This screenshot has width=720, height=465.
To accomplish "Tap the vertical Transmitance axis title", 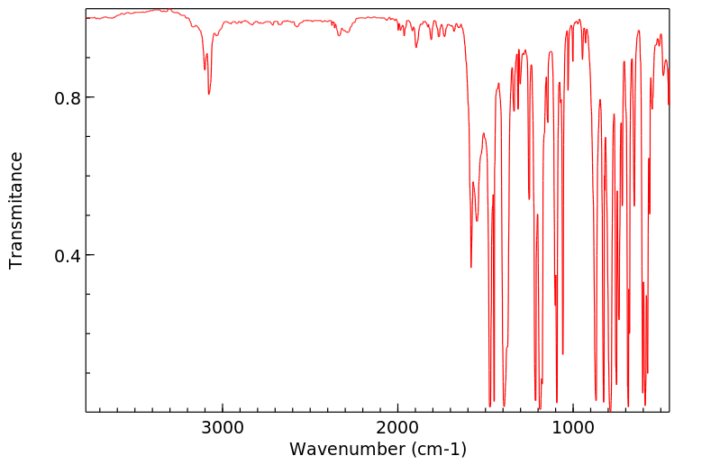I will (x=16, y=210).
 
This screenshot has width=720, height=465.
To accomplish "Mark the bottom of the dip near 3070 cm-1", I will (x=209, y=94).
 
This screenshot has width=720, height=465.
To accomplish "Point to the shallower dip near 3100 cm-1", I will (x=205, y=69).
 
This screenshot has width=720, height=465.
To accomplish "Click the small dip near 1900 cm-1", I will (x=416, y=47).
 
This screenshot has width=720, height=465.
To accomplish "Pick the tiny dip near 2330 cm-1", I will (x=339, y=35).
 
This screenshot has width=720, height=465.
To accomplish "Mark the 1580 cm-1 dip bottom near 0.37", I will (x=470, y=267).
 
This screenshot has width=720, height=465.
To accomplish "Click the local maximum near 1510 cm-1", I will (x=484, y=133).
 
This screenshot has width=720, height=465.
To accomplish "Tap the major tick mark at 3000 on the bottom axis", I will (x=222, y=409).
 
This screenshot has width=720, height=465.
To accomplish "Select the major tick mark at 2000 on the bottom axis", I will (x=397, y=409).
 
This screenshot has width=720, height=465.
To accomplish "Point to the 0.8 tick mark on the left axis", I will (x=89, y=97).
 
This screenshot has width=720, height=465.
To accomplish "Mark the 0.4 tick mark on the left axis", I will (x=89, y=255).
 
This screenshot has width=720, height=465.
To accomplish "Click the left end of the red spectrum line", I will (x=87, y=17).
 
